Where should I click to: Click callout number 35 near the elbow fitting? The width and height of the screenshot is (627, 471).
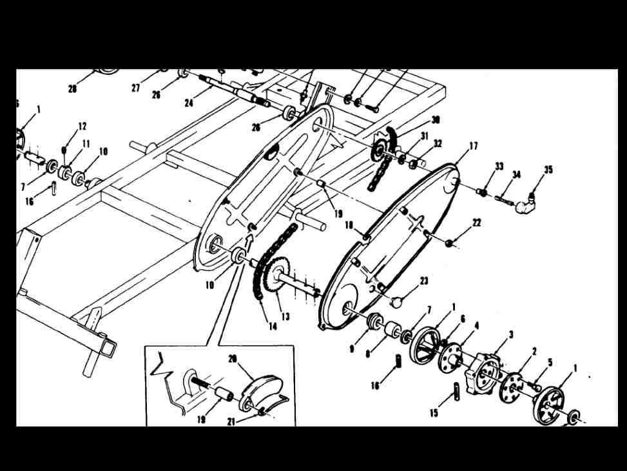click(548, 170)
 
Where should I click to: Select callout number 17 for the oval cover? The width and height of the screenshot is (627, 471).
click(473, 146)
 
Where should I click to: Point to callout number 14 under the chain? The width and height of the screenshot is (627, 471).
click(273, 326)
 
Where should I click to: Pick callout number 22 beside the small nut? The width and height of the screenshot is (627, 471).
click(476, 223)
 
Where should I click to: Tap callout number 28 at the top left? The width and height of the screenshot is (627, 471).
click(72, 90)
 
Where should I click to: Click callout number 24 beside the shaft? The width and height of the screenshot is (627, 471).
click(189, 103)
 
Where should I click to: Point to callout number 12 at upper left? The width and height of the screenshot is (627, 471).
click(82, 126)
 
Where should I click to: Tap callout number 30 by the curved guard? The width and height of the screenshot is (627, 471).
click(436, 121)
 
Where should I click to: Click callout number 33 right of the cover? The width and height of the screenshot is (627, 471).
click(499, 166)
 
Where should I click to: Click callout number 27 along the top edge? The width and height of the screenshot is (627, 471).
click(135, 88)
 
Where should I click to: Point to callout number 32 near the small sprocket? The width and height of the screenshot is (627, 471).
click(438, 144)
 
